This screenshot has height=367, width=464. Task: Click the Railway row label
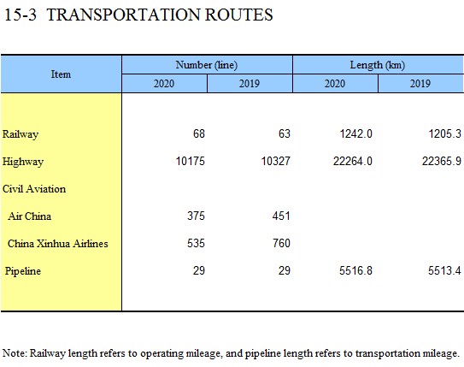pyautogui.click(x=21, y=134)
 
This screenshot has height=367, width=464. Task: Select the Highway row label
pyautogui.click(x=23, y=162)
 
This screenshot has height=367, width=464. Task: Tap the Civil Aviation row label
pyautogui.click(x=34, y=189)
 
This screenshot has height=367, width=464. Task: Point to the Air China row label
pyautogui.click(x=30, y=216)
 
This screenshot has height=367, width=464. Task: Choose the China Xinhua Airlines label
pyautogui.click(x=58, y=244)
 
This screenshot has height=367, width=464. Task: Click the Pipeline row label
pyautogui.click(x=23, y=271)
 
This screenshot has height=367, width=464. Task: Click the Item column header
pyautogui.click(x=61, y=74)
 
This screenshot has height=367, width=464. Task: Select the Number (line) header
pyautogui.click(x=207, y=65)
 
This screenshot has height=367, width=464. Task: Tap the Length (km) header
pyautogui.click(x=378, y=65)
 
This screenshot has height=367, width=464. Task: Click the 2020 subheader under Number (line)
pyautogui.click(x=164, y=84)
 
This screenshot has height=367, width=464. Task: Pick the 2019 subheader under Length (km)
pyautogui.click(x=420, y=84)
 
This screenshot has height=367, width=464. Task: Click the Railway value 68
pyautogui.click(x=199, y=133)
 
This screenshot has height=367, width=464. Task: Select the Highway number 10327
pyautogui.click(x=275, y=161)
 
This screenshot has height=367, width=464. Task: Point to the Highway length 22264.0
pyautogui.click(x=353, y=161)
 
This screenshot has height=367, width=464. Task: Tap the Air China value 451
pyautogui.click(x=281, y=216)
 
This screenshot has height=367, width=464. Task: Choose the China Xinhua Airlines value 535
pyautogui.click(x=196, y=243)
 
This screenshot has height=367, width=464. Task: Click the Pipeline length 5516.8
pyautogui.click(x=355, y=270)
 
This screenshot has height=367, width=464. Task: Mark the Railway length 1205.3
pyautogui.click(x=445, y=133)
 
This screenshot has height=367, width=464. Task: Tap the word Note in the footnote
pyautogui.click(x=14, y=353)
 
